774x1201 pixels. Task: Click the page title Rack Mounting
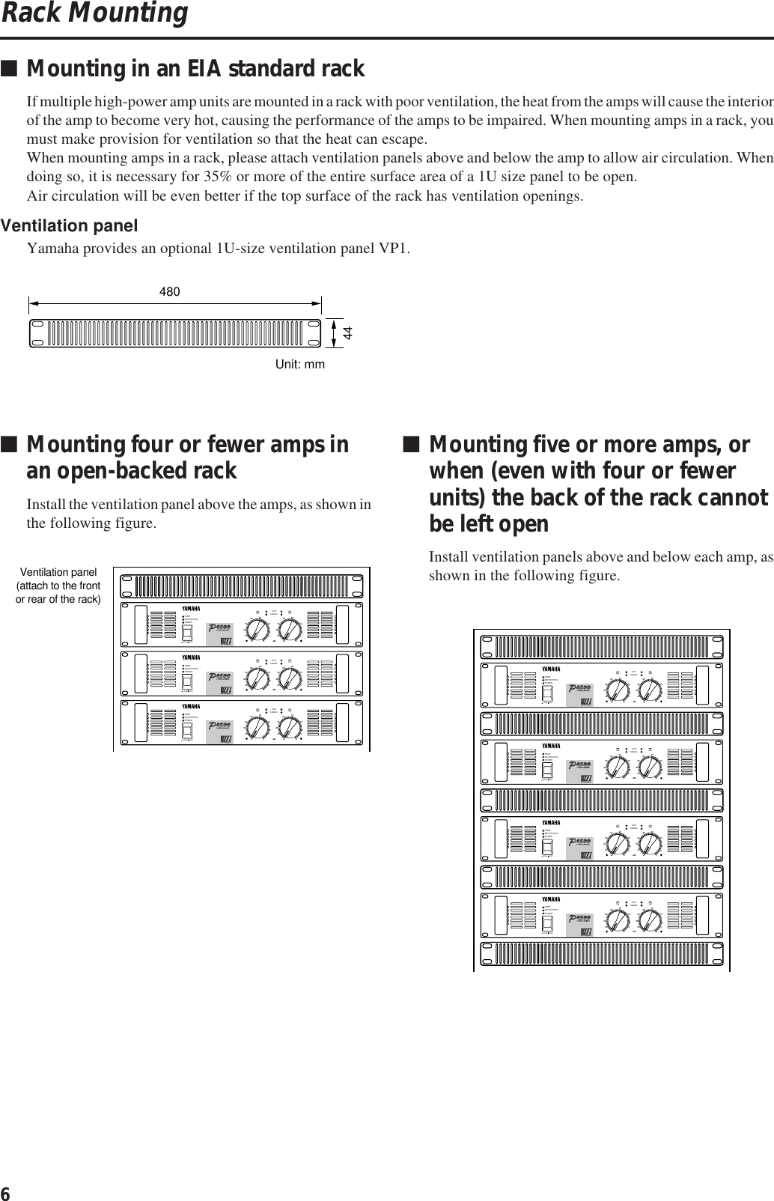click(x=94, y=13)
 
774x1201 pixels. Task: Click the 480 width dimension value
click(x=170, y=292)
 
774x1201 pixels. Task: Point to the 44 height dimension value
click(x=347, y=333)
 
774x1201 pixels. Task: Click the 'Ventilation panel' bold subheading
click(x=70, y=225)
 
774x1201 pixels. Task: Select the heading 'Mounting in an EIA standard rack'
click(x=195, y=69)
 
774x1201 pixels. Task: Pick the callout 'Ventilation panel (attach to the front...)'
click(x=58, y=586)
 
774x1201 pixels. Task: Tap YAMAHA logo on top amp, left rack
click(x=191, y=607)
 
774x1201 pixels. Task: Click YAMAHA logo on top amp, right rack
click(x=550, y=669)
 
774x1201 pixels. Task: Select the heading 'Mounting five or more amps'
click(x=589, y=445)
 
